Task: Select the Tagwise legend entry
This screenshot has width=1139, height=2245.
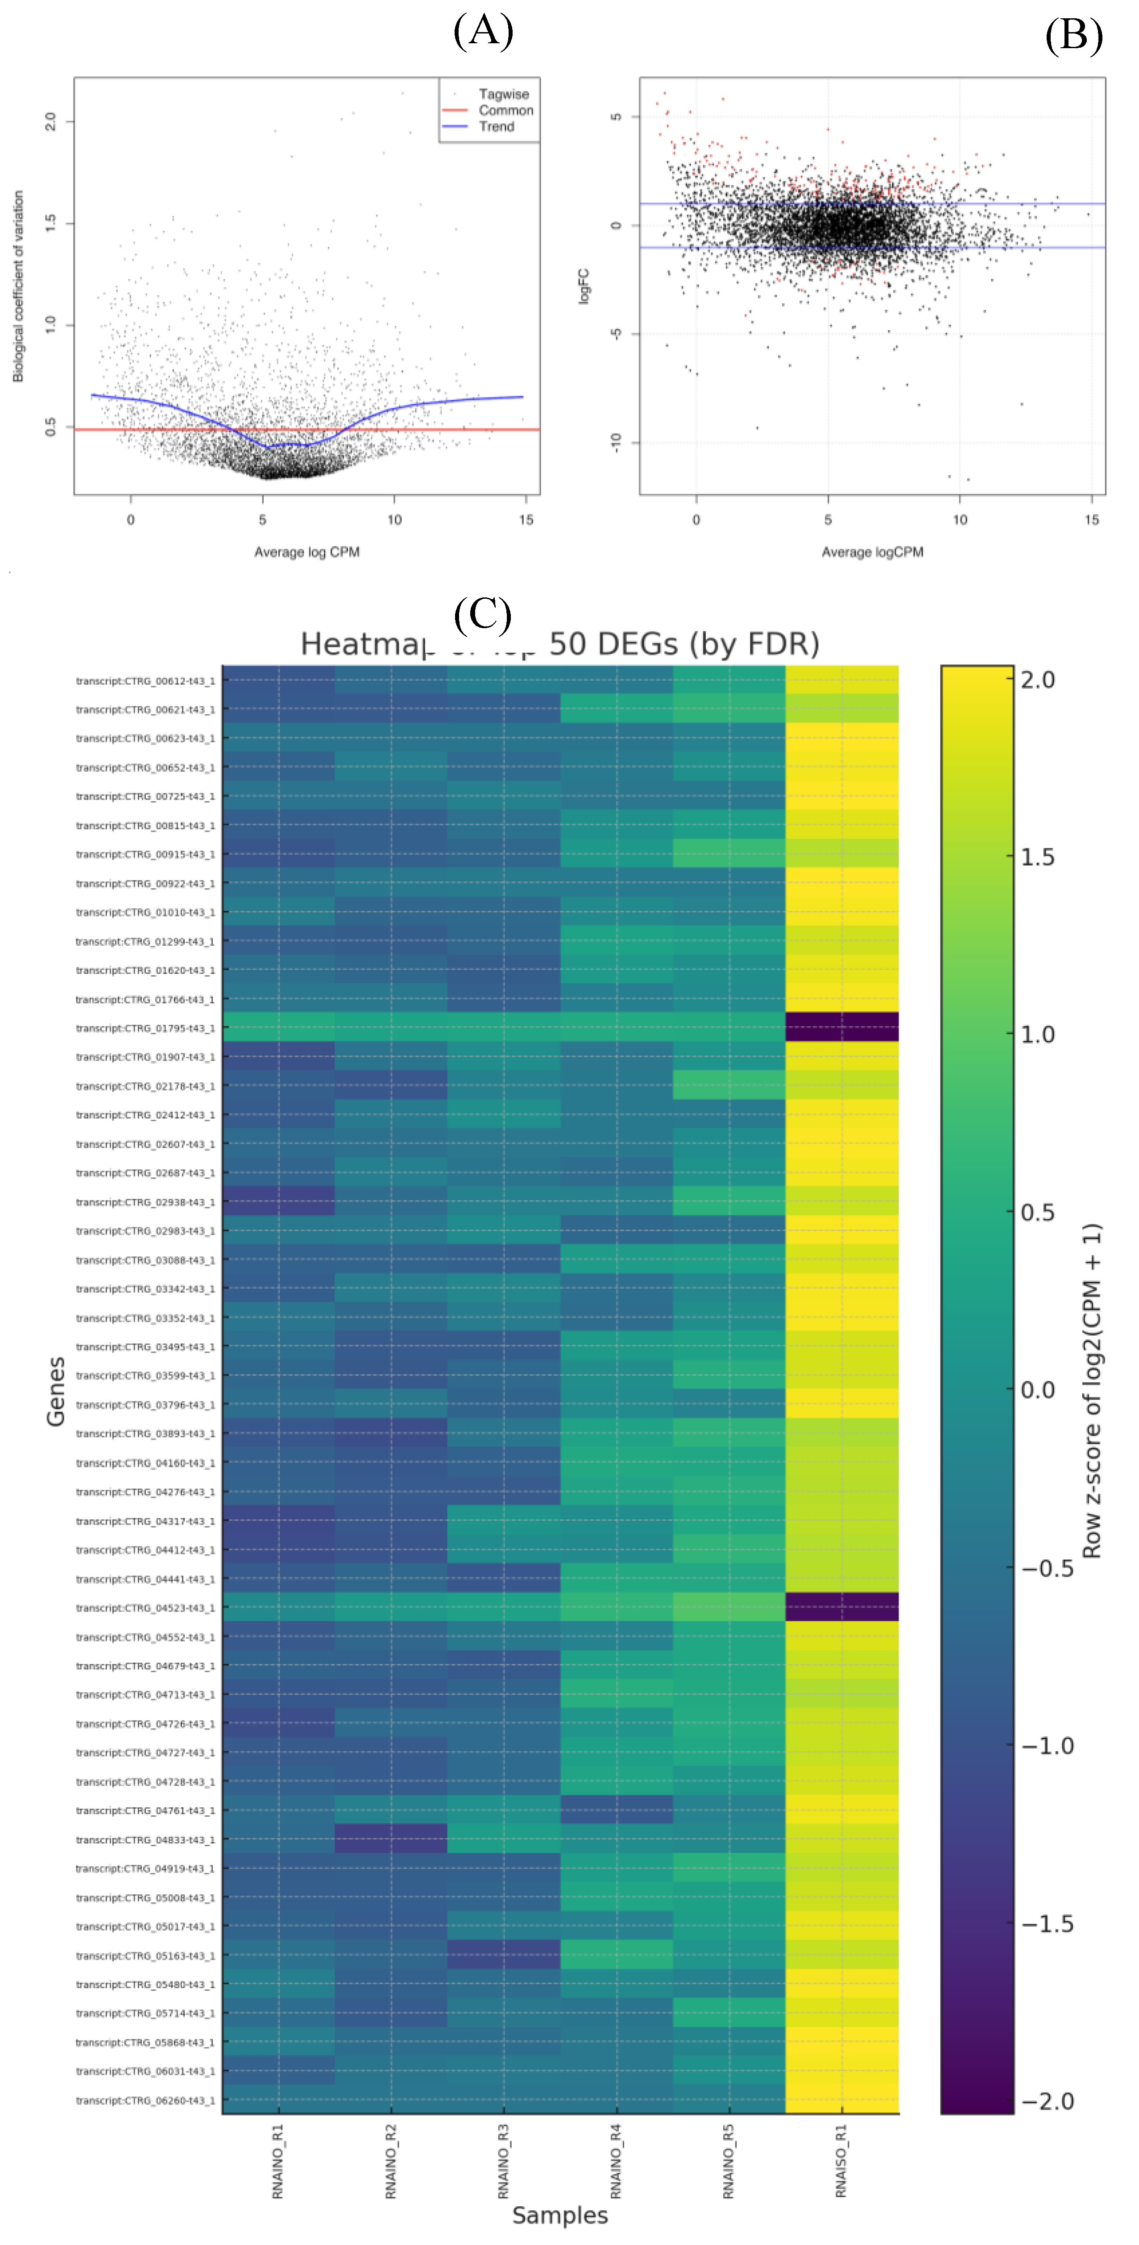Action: click(x=503, y=94)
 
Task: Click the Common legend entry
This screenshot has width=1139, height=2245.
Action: click(x=505, y=111)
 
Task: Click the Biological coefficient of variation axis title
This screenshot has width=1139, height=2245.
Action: click(x=18, y=286)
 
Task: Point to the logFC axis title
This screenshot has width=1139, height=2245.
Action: click(x=584, y=286)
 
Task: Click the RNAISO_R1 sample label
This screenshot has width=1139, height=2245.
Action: click(x=841, y=2161)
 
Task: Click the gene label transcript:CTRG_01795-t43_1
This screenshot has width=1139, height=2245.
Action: click(x=145, y=1028)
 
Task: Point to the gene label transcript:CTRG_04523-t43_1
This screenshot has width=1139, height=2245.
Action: click(x=145, y=1608)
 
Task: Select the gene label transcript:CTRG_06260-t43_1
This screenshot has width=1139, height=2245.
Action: click(x=145, y=2100)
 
